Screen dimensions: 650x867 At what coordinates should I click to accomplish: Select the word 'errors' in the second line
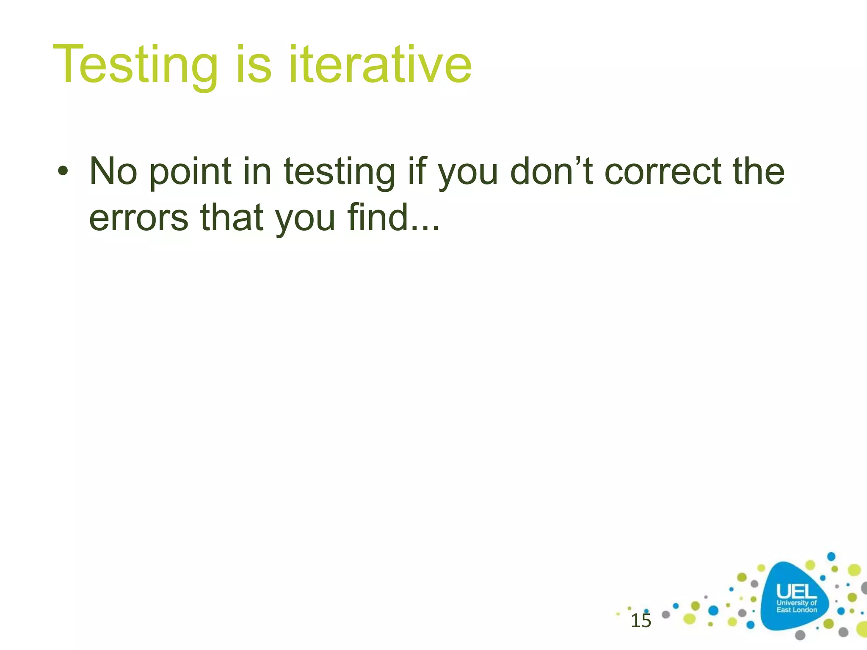[138, 218]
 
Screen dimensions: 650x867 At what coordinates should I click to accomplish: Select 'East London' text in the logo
[796, 610]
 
